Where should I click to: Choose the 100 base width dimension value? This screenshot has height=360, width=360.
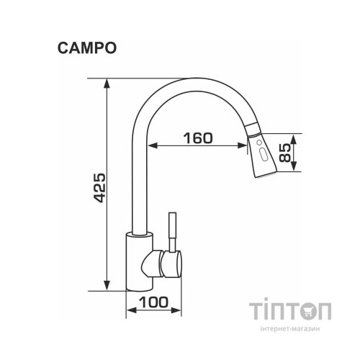point(152,303)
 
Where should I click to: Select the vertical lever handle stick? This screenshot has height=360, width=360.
point(173,230)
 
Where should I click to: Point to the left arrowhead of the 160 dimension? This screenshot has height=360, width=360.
point(154,147)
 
